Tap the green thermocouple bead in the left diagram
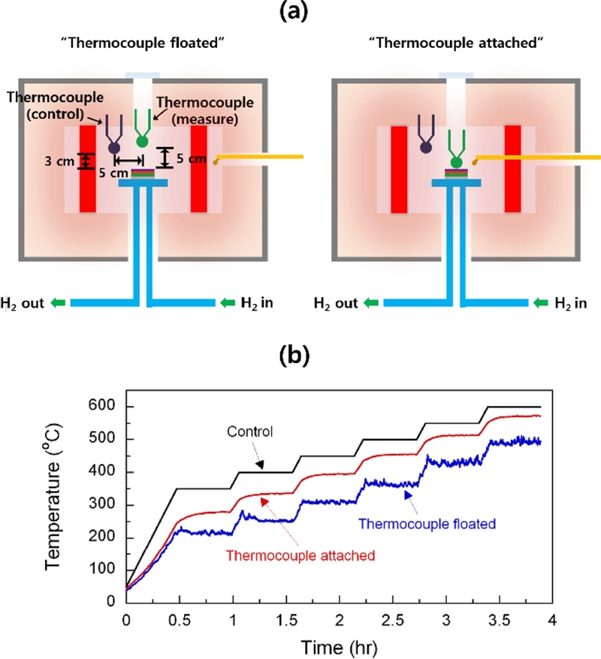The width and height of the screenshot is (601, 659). [x=142, y=141]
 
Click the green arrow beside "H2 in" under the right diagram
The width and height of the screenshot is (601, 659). [x=542, y=303]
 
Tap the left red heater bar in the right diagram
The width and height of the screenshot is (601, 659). [x=398, y=169]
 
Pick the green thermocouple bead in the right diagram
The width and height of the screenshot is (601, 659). [x=455, y=162]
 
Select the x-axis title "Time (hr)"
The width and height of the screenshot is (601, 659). [x=334, y=645]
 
